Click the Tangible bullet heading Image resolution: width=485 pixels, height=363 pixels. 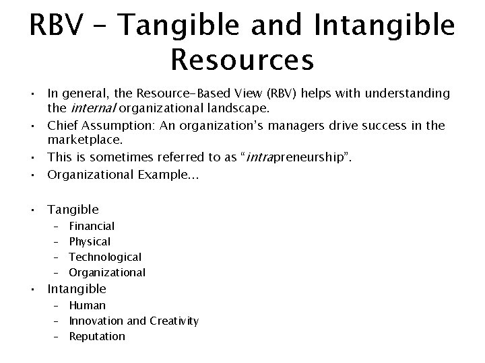click(x=73, y=210)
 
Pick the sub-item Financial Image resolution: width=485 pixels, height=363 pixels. click(x=92, y=226)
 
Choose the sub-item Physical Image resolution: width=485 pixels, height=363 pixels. click(x=90, y=241)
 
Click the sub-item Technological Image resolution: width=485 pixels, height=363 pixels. click(x=105, y=257)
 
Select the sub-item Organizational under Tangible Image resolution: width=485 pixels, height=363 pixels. click(x=106, y=272)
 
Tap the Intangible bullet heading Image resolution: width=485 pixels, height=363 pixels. click(x=77, y=289)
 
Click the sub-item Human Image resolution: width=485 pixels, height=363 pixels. click(x=87, y=305)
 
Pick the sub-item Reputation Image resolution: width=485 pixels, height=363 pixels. click(x=97, y=336)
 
